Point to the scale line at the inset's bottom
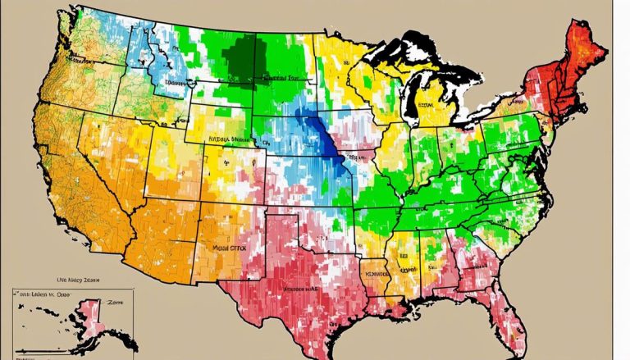point(66,354)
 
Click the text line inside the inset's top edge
point(49,293)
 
